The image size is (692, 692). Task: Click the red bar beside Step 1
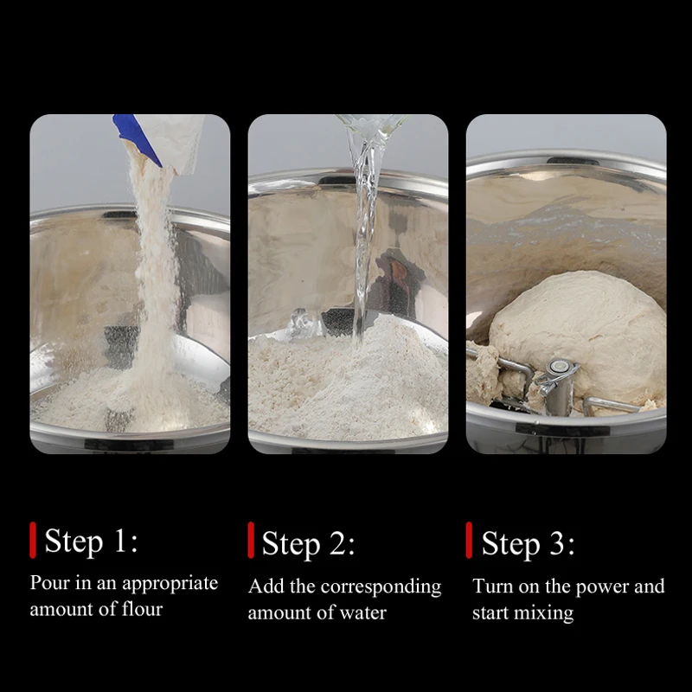click(x=33, y=540)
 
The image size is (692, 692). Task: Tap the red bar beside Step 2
click(x=251, y=540)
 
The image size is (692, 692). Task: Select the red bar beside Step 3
click(x=469, y=540)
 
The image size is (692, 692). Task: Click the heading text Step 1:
click(x=92, y=541)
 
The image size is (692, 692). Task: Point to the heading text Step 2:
click(x=309, y=544)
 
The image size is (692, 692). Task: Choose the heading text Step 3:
click(x=529, y=544)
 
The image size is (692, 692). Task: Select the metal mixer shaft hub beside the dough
click(x=557, y=384)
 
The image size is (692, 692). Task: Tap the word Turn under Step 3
click(x=492, y=586)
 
